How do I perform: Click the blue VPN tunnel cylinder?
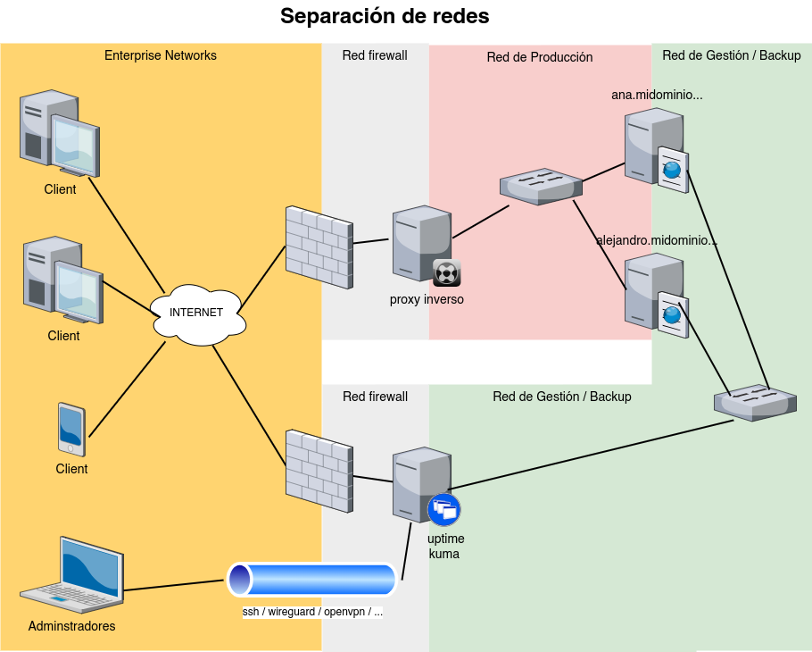tap(311, 580)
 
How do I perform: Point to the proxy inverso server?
tap(421, 243)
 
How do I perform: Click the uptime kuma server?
tap(421, 484)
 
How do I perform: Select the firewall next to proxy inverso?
tap(319, 247)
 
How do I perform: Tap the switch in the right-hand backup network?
tap(755, 402)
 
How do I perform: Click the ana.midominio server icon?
tap(653, 146)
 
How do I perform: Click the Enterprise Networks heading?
tap(161, 55)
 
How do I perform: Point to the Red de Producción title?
tap(540, 57)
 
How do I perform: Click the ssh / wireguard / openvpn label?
tap(312, 613)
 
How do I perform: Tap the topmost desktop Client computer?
tap(60, 132)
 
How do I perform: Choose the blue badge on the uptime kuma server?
tap(443, 510)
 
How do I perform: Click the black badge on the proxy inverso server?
tap(446, 272)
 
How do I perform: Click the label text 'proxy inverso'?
tap(427, 299)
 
